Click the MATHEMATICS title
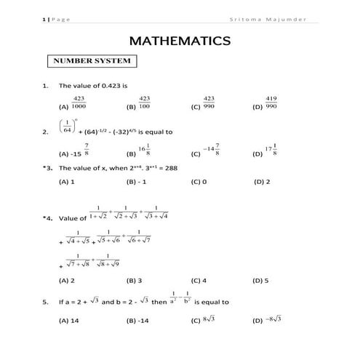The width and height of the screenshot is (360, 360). coord(180,42)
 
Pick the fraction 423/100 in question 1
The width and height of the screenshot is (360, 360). coord(144,103)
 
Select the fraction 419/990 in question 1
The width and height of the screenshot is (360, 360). coord(271,103)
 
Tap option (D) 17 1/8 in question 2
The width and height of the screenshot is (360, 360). coord(272,149)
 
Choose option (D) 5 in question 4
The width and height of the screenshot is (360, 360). coord(260,280)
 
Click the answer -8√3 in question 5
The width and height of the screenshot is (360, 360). coord(271,320)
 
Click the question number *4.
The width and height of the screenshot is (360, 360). coord(47,217)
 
